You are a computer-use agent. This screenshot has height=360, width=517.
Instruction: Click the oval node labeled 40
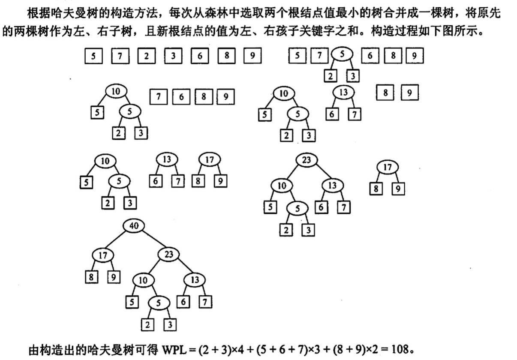click(x=133, y=226)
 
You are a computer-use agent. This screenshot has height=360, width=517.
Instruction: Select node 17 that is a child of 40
click(x=103, y=255)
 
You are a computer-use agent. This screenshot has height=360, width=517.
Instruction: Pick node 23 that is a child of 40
click(x=168, y=255)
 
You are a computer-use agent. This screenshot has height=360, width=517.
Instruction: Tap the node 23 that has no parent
click(x=307, y=160)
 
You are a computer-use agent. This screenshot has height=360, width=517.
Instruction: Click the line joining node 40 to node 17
click(x=117, y=241)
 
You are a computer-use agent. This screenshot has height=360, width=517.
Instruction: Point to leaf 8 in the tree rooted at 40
click(x=91, y=277)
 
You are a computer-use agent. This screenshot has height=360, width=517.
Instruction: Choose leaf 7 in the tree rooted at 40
click(x=205, y=302)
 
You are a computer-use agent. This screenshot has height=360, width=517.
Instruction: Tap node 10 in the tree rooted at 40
click(x=143, y=280)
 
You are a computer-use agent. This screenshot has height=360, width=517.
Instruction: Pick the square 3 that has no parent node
click(x=173, y=56)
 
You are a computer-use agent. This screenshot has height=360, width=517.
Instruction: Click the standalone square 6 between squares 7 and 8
click(x=181, y=97)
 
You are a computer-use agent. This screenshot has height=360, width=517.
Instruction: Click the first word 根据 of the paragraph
click(x=36, y=14)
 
